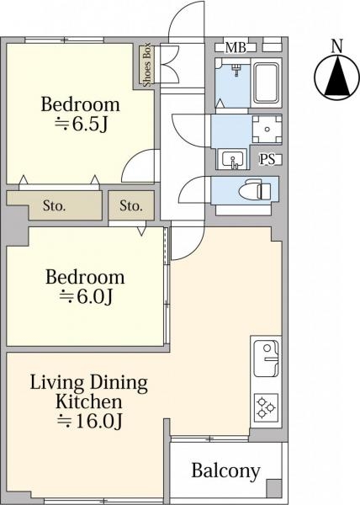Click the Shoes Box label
tap(146, 65)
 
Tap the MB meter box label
tap(236, 48)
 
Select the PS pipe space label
tap(267, 159)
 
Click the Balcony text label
tap(225, 471)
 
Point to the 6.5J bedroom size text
tap(81, 124)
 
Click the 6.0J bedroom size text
tap(86, 296)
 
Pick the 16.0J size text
tap(90, 421)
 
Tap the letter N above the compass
tap(337, 45)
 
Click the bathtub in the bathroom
tap(266, 82)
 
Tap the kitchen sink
tap(267, 359)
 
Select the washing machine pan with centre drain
tap(267, 129)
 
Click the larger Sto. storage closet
tap(55, 205)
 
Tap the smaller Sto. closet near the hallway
tap(131, 205)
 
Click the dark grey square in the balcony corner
tap(273, 488)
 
